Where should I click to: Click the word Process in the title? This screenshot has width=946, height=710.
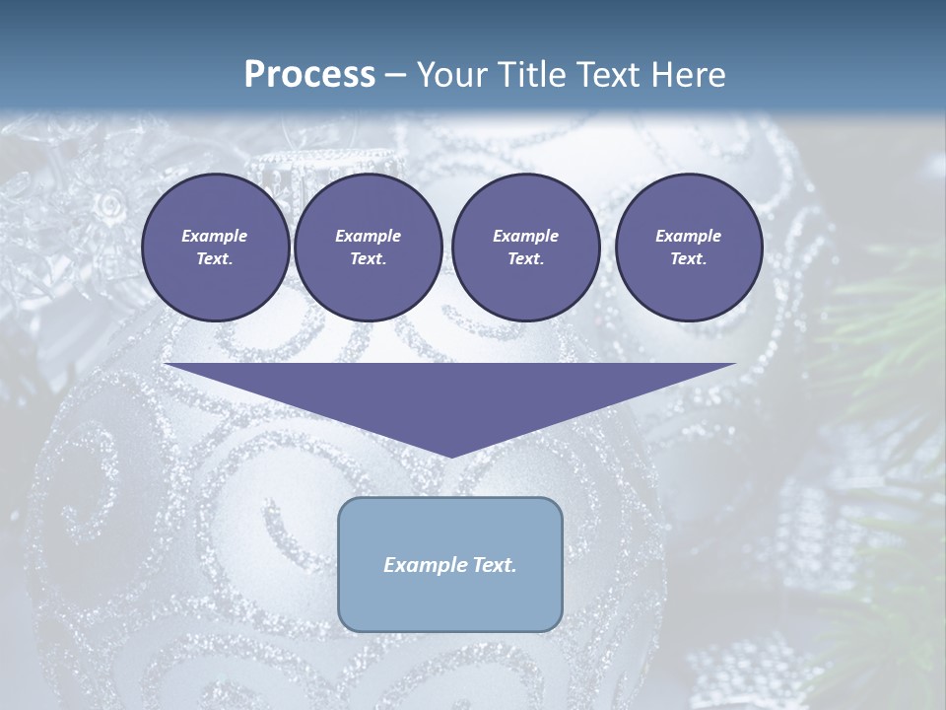[x=309, y=74]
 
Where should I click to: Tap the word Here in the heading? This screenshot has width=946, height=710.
[x=687, y=74]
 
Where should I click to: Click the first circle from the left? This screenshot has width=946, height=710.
[x=215, y=248]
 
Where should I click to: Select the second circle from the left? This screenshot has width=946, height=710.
[x=368, y=248]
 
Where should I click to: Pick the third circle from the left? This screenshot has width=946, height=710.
[x=525, y=248]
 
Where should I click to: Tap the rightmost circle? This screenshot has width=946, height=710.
[x=688, y=248]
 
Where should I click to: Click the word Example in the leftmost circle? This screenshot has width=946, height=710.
[x=215, y=236]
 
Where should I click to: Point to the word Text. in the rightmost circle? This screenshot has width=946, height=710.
[x=688, y=259]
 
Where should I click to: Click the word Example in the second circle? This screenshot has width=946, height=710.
[x=368, y=236]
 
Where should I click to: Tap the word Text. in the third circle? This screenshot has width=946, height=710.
[x=525, y=259]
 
